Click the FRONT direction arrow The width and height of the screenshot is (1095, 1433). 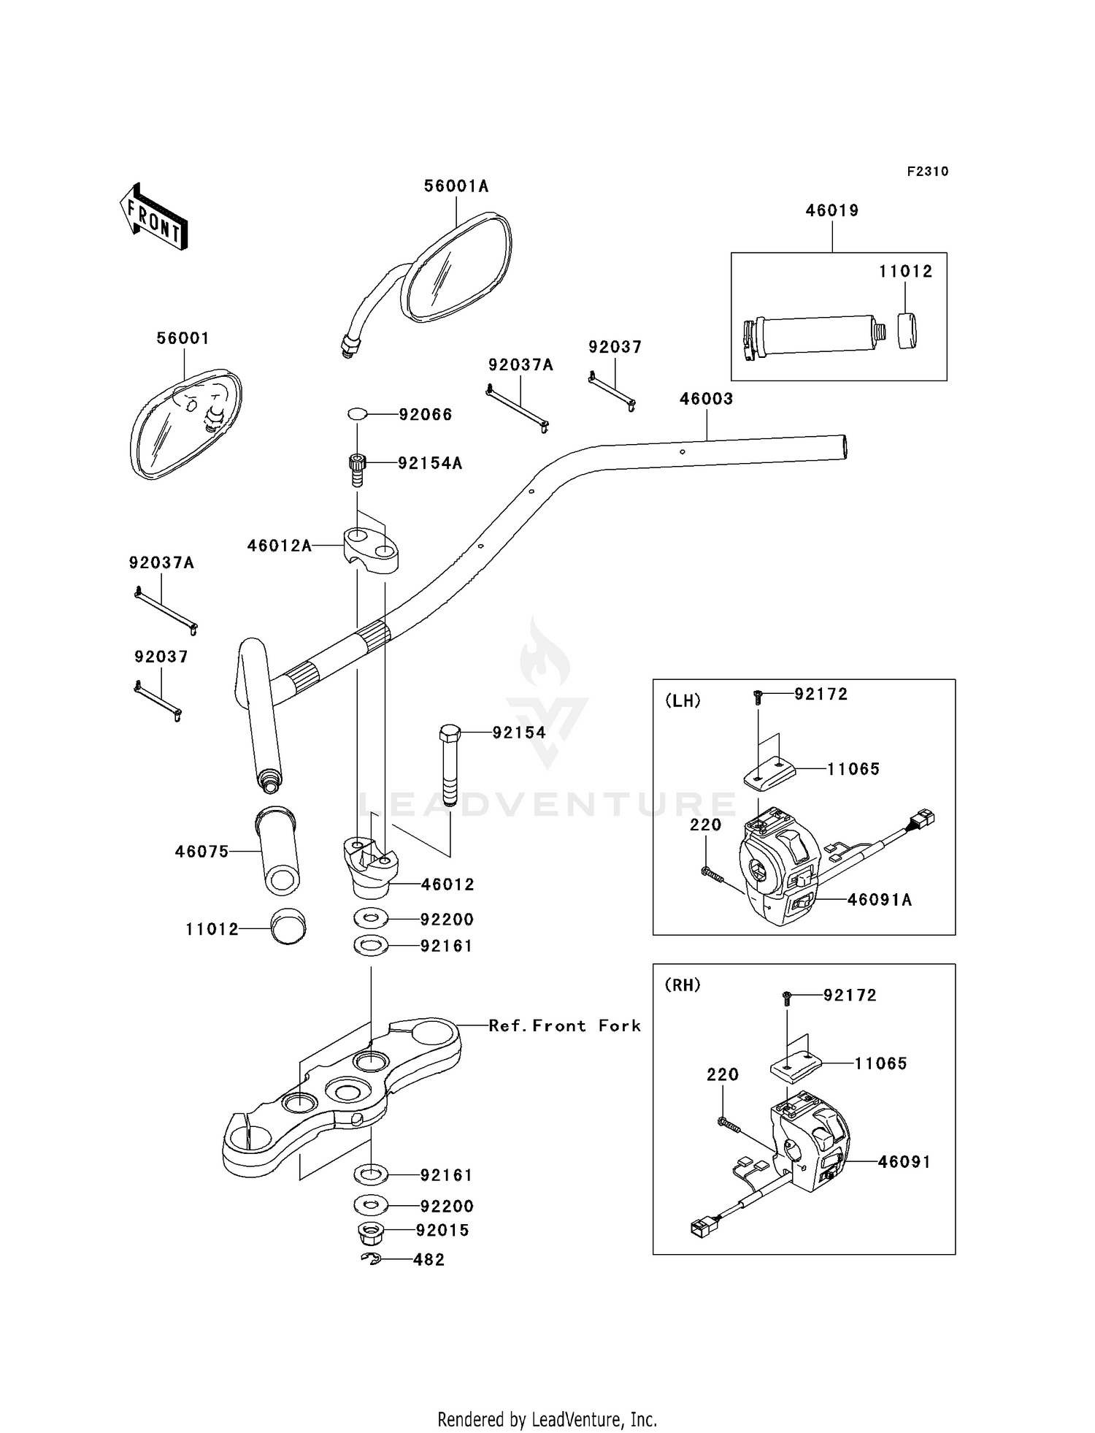153,217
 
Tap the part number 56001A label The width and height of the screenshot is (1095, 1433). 456,186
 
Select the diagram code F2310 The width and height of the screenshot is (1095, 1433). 928,172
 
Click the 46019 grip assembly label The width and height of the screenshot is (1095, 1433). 832,210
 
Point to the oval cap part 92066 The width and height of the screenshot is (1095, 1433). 357,414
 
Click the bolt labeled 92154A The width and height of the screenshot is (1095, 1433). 356,470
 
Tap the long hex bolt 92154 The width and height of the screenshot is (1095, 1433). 450,765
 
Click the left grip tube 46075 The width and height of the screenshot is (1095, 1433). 278,850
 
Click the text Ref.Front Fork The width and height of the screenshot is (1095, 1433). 565,1025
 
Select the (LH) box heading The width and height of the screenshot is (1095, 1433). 683,700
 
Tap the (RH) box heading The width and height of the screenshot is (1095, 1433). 683,985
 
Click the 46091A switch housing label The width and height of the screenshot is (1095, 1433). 880,900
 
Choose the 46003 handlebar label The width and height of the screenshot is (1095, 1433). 706,399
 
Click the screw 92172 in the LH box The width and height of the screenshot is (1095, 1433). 758,698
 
